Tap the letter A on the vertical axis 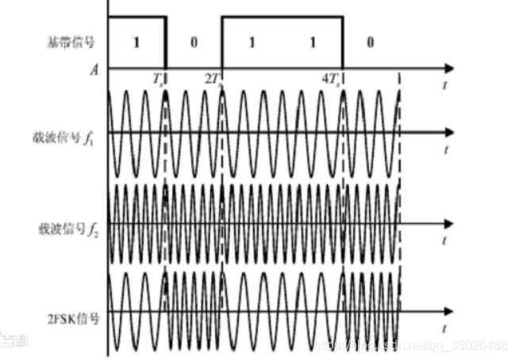[x=94, y=70]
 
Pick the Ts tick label [x=159, y=79]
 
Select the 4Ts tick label [x=330, y=79]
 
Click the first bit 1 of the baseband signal [x=136, y=41]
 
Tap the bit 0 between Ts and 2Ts [x=194, y=41]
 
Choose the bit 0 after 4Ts [x=370, y=41]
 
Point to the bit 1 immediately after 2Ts [x=252, y=41]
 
